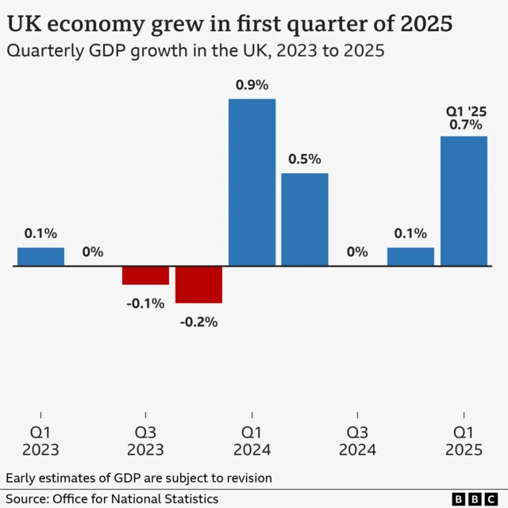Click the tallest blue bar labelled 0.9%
pos(252,182)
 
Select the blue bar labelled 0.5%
pos(305,219)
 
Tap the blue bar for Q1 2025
pos(464,201)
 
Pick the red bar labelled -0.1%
pos(145,275)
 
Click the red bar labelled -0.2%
pos(198,284)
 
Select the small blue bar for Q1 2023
pos(40,256)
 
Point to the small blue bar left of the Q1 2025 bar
pos(410,256)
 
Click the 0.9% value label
pos(252,85)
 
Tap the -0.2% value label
pos(198,322)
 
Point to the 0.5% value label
pos(305,160)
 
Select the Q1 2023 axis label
pos(40,441)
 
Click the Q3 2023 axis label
pos(145,441)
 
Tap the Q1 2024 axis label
pos(252,441)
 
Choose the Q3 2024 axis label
pos(357,441)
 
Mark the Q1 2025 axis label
pos(464,441)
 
